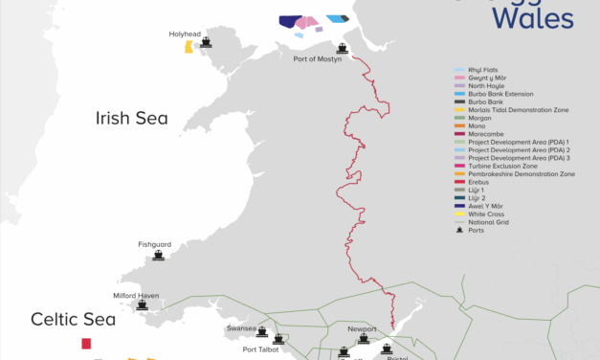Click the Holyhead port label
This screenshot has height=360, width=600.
[x=185, y=34]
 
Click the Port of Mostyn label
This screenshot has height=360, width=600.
[x=319, y=59]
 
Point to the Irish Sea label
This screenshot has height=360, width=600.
[x=131, y=119]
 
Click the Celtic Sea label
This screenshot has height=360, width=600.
[x=73, y=319]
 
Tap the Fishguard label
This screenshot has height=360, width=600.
[x=154, y=244]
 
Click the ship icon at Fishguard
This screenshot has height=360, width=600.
[x=159, y=257]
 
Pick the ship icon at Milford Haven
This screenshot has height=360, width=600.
[x=143, y=305]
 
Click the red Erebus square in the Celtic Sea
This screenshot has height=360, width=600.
[x=86, y=343]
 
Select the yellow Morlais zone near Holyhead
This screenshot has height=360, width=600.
[x=189, y=47]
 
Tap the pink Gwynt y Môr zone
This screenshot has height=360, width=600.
[x=306, y=22]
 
